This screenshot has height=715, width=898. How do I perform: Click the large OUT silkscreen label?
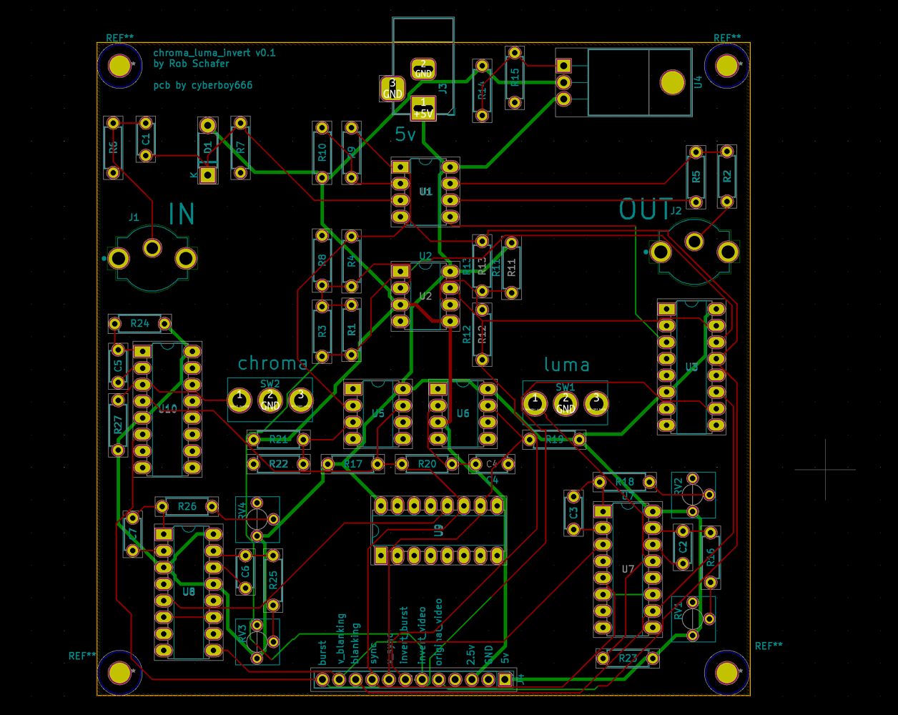tap(646, 209)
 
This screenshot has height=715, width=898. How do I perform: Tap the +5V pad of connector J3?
tap(423, 109)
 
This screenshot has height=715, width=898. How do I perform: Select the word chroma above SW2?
tap(272, 363)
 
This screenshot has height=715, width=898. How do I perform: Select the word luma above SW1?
tap(567, 365)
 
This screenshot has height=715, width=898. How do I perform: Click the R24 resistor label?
tap(140, 324)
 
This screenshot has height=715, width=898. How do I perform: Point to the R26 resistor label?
tap(187, 507)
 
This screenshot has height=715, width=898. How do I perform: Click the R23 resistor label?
tap(628, 658)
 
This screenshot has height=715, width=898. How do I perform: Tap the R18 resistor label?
tap(624, 482)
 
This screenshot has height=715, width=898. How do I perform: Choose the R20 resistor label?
tap(427, 465)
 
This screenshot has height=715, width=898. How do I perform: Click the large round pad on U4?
tap(673, 82)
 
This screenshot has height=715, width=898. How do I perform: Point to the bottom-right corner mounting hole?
tap(727, 673)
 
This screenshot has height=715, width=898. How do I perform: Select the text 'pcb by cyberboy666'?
tap(203, 86)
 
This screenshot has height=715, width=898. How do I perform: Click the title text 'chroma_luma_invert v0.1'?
tap(214, 53)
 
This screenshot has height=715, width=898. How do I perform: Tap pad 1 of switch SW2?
tap(240, 399)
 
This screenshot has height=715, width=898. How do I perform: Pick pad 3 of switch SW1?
tap(596, 403)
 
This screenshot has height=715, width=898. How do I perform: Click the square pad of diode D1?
tap(208, 174)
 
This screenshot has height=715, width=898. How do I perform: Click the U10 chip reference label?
tap(168, 409)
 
